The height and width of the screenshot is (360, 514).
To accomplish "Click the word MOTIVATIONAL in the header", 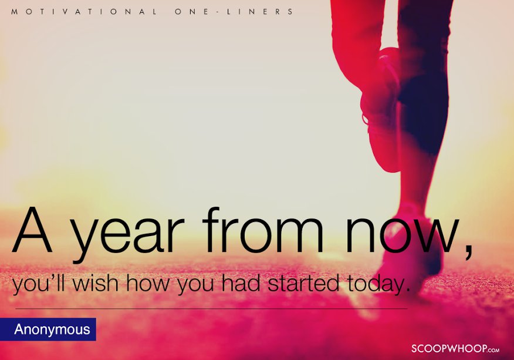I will pos(83,12).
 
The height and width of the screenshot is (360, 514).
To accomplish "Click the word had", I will pos(242,284).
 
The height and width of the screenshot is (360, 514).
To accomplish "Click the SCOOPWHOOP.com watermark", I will pos(455,348).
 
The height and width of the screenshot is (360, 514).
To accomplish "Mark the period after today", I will pos(404,292).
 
